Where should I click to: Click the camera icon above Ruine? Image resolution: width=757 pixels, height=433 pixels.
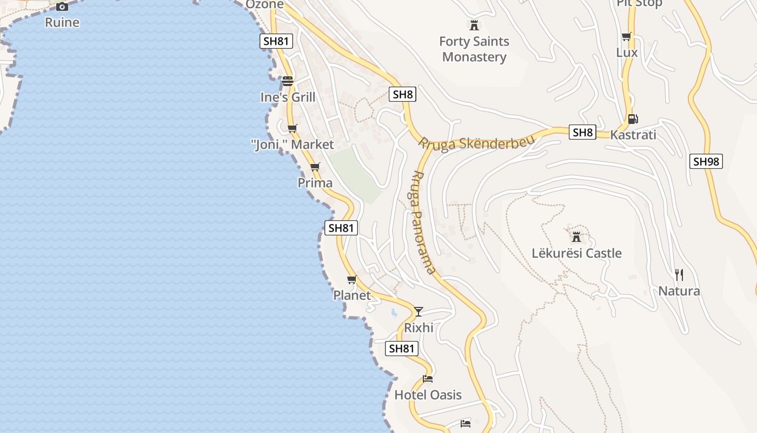(62, 6)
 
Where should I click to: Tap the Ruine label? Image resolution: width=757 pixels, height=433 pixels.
(62, 23)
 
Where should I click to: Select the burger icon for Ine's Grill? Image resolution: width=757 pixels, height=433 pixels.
(288, 81)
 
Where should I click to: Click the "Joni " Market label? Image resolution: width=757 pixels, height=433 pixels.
(293, 145)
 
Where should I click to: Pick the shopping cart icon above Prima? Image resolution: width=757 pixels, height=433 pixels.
(315, 167)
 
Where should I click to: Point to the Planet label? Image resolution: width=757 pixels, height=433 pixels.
(352, 296)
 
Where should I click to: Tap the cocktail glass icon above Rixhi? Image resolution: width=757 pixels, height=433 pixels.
(419, 311)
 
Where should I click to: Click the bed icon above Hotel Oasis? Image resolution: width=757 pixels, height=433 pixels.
(428, 378)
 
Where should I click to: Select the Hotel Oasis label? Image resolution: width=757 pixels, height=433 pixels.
(428, 395)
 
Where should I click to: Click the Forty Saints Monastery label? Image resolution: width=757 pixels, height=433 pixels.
(474, 49)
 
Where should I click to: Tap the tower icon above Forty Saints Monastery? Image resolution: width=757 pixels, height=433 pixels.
(474, 25)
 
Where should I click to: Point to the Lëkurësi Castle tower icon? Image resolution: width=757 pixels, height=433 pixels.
(576, 237)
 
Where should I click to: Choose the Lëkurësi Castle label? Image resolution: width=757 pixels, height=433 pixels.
(576, 253)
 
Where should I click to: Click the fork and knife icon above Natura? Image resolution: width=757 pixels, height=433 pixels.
(679, 275)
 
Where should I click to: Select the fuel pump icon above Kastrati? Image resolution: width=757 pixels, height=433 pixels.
(633, 119)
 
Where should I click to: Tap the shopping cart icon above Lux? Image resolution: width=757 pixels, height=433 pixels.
(627, 37)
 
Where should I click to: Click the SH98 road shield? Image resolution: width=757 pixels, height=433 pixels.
(706, 161)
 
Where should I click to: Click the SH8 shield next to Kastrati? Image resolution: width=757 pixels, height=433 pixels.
(583, 132)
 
